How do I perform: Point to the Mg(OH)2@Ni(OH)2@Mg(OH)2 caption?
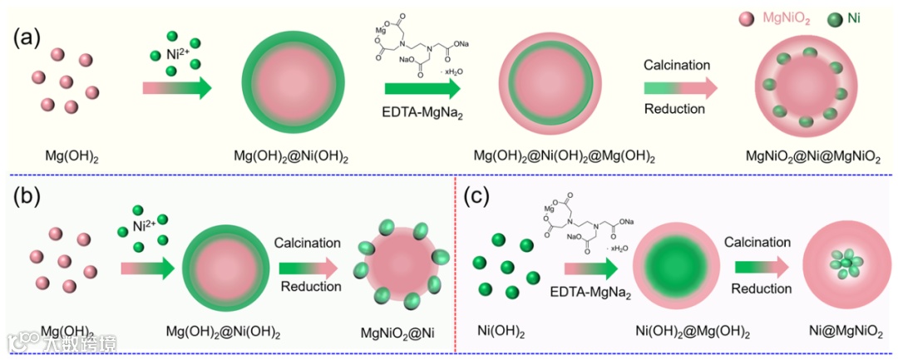(x=565, y=156)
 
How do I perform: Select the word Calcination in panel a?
(x=677, y=65)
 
